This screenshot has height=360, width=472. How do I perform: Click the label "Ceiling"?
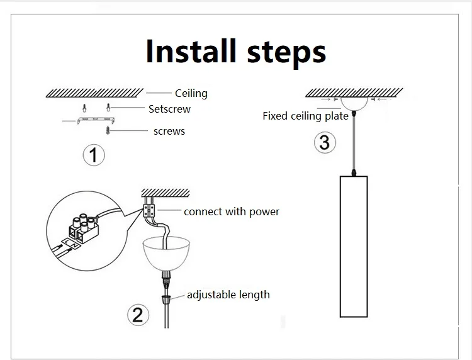191,93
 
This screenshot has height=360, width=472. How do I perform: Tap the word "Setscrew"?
169,109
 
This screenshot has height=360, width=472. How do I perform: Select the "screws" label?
169,131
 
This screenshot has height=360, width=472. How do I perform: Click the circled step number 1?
94,154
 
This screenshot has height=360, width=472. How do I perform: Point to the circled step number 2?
138,314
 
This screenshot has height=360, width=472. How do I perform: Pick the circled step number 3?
324,142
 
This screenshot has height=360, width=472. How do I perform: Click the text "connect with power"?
232,211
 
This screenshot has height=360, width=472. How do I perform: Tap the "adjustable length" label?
228,294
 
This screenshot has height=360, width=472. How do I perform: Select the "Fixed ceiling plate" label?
305,116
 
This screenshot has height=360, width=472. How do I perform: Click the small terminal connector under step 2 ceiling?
151,209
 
